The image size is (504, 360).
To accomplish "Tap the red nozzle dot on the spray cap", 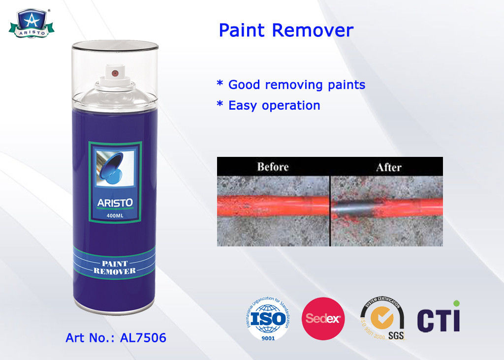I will pos(115,73).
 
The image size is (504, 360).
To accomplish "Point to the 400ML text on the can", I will pos(115,215).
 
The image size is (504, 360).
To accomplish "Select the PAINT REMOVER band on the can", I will pos(115,267).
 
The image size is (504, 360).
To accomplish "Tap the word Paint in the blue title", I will pos(243,30).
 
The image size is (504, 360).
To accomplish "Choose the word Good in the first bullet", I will pos(245,85).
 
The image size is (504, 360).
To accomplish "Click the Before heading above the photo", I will pos(273,167).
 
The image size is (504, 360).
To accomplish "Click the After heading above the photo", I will pos(389,167).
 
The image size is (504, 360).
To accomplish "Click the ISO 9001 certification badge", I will pos(268,319).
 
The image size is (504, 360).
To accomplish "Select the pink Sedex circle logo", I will pos(323,319).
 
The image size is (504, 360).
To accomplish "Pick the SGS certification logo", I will pos(382,319).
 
